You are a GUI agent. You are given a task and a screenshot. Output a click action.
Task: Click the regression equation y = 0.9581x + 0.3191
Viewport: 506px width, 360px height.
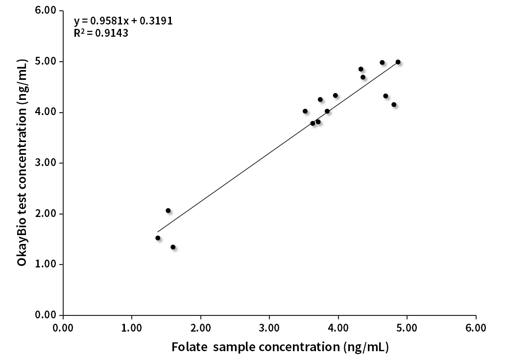(x=123, y=21)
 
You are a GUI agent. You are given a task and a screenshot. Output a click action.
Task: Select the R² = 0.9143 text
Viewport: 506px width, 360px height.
(x=101, y=34)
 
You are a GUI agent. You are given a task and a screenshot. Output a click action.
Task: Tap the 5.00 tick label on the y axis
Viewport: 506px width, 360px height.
(x=47, y=62)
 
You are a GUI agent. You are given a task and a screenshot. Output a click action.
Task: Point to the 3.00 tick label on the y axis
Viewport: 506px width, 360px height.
(x=47, y=163)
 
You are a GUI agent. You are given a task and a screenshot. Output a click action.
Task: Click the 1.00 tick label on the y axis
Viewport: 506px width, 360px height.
(x=47, y=264)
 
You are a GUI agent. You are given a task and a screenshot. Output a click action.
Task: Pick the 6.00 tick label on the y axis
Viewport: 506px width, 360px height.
(x=47, y=11)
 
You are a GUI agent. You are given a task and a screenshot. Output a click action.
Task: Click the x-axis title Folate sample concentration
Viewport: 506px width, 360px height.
(x=280, y=347)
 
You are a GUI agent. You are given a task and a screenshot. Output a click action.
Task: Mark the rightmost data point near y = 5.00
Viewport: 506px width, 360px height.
(x=398, y=62)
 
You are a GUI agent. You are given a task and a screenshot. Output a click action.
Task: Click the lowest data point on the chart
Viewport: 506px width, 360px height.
(x=173, y=247)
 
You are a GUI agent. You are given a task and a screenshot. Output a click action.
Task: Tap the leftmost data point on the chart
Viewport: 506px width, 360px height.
(x=158, y=238)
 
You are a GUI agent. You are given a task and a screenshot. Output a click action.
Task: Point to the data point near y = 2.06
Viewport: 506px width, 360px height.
(x=168, y=211)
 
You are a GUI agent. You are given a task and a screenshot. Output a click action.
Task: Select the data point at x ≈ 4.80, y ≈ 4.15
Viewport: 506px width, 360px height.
(x=394, y=104)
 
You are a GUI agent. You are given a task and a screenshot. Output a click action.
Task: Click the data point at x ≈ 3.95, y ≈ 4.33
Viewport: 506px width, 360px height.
(x=336, y=96)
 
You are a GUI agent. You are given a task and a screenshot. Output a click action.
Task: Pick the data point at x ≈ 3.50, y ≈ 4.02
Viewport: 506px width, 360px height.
(x=305, y=111)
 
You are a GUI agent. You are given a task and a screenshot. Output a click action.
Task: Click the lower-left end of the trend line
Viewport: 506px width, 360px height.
(x=158, y=232)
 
